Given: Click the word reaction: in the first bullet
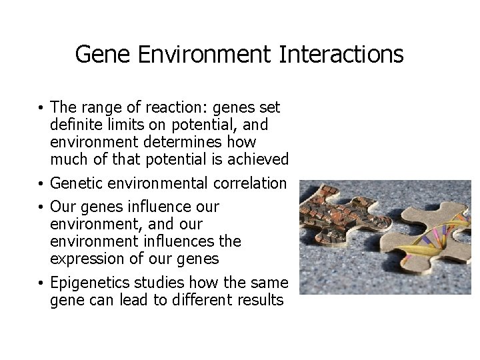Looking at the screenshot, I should pyautogui.click(x=165, y=108).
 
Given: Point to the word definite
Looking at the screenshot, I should pyautogui.click(x=77, y=125).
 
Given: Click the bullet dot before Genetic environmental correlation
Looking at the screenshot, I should pyautogui.click(x=42, y=184).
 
